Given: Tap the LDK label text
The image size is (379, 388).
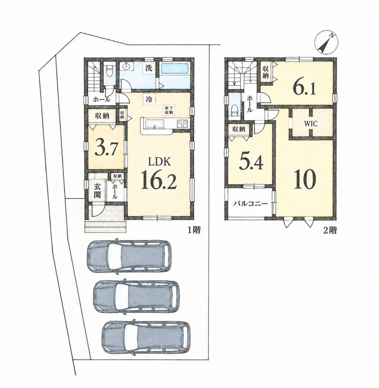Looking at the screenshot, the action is (159, 162).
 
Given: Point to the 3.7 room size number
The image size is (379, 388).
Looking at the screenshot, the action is (105, 148).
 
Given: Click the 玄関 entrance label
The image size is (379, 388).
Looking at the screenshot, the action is (97, 190).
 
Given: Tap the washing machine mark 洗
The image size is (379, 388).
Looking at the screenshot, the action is (149, 68).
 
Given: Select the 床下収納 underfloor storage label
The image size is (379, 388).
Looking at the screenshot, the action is (169, 110).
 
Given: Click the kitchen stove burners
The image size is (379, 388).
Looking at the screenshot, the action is (183, 123).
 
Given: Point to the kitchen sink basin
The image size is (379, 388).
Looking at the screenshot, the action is (154, 123).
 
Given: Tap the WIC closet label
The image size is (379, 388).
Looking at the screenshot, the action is (311, 123).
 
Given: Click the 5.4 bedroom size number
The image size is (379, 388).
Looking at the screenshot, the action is (250, 162).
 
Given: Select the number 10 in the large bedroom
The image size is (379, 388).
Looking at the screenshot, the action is (305, 179).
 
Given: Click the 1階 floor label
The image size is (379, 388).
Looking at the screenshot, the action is (194, 230).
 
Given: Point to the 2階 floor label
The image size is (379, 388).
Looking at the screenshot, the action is (330, 230).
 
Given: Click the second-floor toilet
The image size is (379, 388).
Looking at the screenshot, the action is (234, 109).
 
